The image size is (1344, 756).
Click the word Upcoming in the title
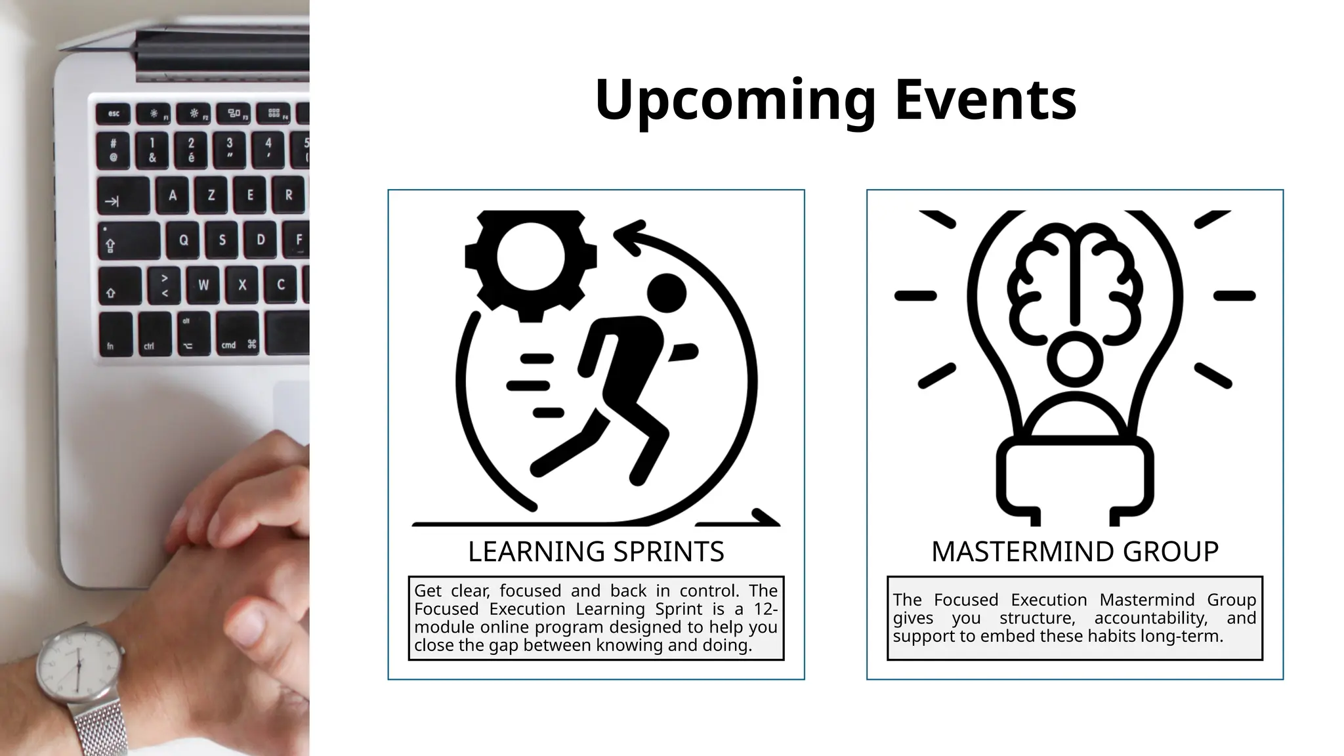click(x=735, y=100)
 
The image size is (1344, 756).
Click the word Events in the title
click(x=985, y=100)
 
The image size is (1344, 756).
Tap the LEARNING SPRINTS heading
click(x=596, y=551)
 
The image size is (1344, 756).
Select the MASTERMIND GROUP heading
click(x=1074, y=551)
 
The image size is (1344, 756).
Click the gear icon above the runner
click(x=530, y=257)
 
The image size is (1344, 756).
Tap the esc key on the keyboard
click(x=114, y=114)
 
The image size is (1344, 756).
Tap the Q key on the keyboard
click(x=184, y=240)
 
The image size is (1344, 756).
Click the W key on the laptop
click(x=203, y=285)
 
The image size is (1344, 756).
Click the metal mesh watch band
click(x=98, y=728)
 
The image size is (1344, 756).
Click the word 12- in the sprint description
click(x=765, y=610)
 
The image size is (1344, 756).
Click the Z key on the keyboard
click(x=211, y=196)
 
